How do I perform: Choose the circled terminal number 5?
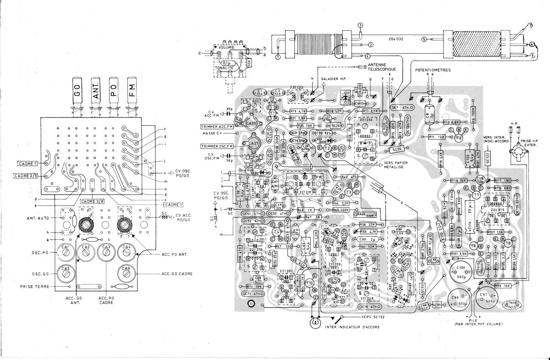tap(424, 39)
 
